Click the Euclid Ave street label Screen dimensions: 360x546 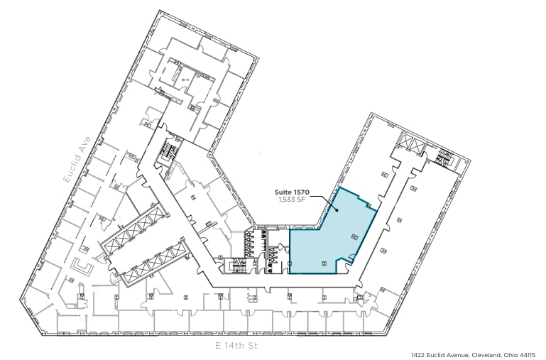(x=77, y=160)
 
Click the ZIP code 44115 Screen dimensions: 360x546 (x=526, y=354)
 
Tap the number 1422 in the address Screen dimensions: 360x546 (x=418, y=354)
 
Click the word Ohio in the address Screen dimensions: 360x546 (x=506, y=354)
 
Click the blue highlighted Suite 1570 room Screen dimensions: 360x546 (x=330, y=238)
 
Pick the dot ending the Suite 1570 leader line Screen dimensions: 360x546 (x=336, y=210)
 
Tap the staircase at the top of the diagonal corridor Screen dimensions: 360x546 (x=169, y=151)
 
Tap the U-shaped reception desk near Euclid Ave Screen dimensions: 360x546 (x=83, y=269)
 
